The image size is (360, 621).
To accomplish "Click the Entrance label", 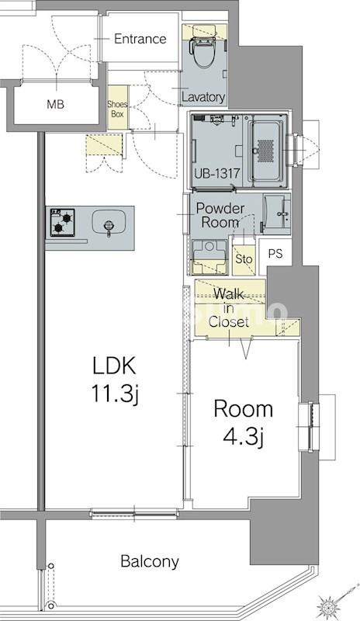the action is (x=140, y=39).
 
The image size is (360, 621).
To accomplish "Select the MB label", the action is (x=55, y=105).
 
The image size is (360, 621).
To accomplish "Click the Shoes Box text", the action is (x=118, y=109).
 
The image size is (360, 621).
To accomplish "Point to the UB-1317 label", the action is (x=217, y=173).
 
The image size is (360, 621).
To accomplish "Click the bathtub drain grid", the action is (x=265, y=151).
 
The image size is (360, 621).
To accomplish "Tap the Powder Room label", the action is (x=220, y=215).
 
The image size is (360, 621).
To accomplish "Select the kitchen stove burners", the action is (x=63, y=222).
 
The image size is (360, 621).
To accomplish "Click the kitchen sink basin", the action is (x=109, y=222).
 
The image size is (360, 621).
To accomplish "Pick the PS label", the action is (x=275, y=254).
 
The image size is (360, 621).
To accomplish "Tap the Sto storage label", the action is (x=244, y=259).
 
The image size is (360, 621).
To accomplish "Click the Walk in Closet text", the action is (x=229, y=307).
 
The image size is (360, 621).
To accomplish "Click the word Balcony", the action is (x=150, y=561).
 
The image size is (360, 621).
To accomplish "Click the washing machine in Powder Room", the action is (x=209, y=257).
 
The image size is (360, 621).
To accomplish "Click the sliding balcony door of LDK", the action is (x=134, y=514).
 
